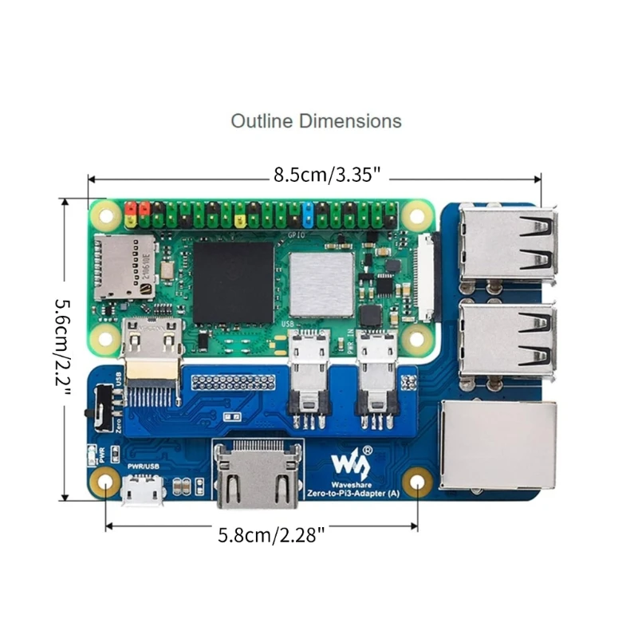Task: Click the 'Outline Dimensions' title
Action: tap(316, 121)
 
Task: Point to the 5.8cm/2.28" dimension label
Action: tap(271, 535)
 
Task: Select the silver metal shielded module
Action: tap(321, 282)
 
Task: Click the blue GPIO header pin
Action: tap(307, 213)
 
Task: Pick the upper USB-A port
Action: tap(509, 242)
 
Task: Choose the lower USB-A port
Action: tap(509, 336)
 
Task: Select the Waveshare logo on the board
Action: tap(348, 460)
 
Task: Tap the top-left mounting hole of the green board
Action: tap(104, 214)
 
